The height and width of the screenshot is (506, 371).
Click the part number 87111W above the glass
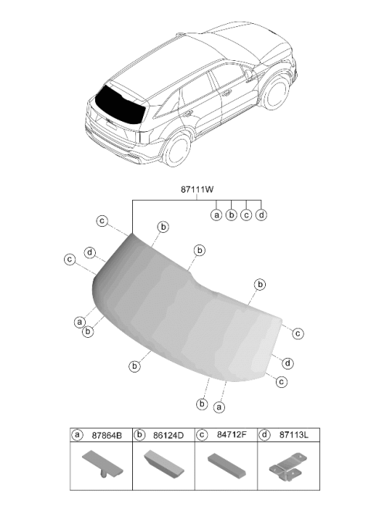click(197, 190)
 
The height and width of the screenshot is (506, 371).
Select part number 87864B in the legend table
click(107, 435)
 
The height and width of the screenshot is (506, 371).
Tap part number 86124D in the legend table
click(168, 435)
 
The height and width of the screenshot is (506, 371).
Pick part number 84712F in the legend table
click(232, 435)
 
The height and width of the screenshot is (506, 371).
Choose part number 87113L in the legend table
click(294, 435)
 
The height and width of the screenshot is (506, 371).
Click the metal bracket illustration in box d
click(285, 467)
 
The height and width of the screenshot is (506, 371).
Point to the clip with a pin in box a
click(103, 464)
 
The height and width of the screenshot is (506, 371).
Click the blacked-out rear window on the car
click(119, 105)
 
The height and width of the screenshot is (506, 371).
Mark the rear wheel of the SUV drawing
click(177, 150)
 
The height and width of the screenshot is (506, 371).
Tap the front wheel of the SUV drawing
click(276, 92)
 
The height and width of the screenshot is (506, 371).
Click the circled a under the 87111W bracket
click(216, 214)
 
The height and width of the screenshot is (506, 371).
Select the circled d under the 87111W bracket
click(261, 214)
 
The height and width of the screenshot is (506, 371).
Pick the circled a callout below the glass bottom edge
click(219, 407)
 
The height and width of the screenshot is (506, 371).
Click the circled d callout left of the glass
click(90, 252)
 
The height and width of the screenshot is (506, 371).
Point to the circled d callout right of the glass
click(288, 363)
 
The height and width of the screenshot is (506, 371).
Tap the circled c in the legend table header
click(202, 435)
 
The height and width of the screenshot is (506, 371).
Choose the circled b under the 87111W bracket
click(231, 214)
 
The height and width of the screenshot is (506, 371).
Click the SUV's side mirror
click(249, 75)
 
